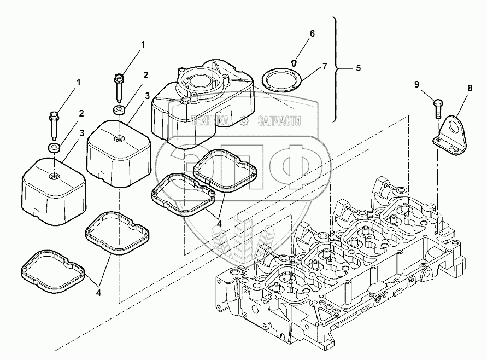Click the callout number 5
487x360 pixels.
tap(358, 68)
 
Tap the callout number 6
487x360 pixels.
tap(313, 33)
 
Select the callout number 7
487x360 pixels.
tap(324, 67)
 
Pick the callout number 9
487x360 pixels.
tap(416, 85)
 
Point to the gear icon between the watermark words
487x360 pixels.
tap(246, 121)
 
